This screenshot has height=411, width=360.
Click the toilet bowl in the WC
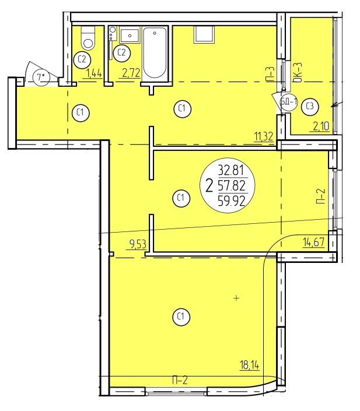click(88, 38)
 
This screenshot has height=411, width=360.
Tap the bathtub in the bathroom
click(155, 53)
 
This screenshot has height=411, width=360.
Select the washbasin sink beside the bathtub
click(130, 36)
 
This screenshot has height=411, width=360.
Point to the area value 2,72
click(131, 73)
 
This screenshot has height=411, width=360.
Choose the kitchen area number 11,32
click(264, 136)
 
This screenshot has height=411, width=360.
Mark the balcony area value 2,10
click(321, 127)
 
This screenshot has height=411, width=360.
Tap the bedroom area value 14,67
click(313, 241)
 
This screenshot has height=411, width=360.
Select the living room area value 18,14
click(250, 364)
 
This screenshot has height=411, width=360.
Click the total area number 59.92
click(232, 201)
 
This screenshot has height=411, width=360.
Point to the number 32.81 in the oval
click(231, 171)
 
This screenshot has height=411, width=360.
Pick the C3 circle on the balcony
click(310, 107)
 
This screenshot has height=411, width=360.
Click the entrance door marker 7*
click(40, 78)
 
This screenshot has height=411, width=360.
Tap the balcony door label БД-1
click(289, 101)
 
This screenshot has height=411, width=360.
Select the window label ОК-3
click(298, 73)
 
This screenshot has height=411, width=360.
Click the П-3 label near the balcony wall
click(271, 73)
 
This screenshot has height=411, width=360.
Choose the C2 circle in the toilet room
click(82, 59)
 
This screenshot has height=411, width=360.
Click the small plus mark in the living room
click(237, 298)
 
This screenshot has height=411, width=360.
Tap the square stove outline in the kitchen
click(204, 34)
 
